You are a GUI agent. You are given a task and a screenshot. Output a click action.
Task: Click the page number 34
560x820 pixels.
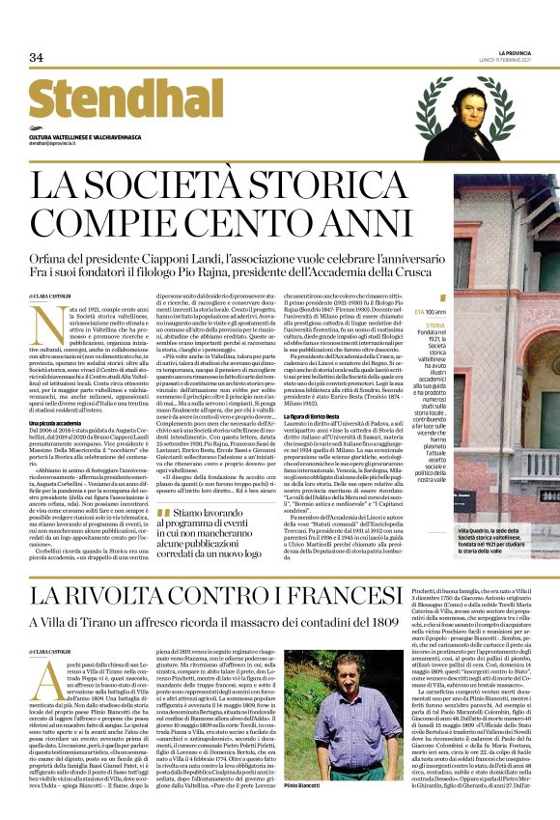click(36, 58)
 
